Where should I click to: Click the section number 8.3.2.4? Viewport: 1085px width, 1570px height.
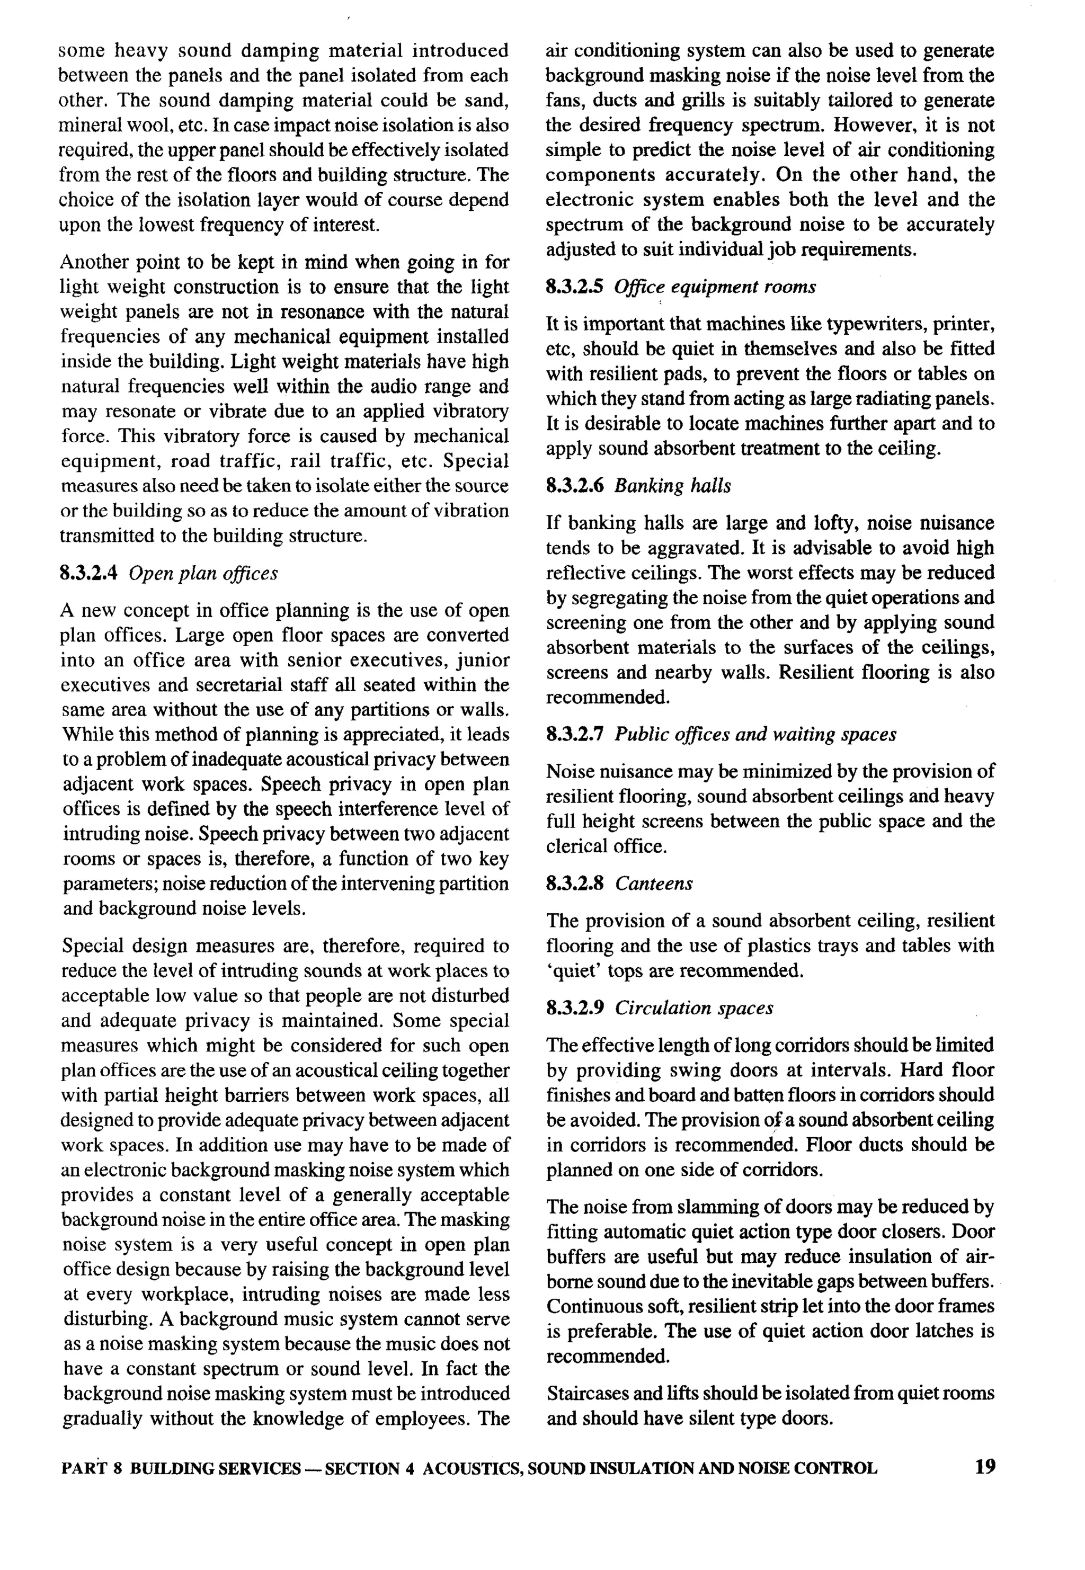(x=89, y=574)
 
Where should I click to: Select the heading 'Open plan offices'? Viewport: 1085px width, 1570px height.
(x=203, y=574)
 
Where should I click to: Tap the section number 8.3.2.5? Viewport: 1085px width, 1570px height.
(x=574, y=287)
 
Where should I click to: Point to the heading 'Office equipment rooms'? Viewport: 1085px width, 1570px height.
(x=715, y=287)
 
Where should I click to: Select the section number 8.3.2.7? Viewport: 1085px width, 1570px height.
(x=574, y=735)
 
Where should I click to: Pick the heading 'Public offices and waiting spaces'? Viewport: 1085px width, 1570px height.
(x=755, y=735)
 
